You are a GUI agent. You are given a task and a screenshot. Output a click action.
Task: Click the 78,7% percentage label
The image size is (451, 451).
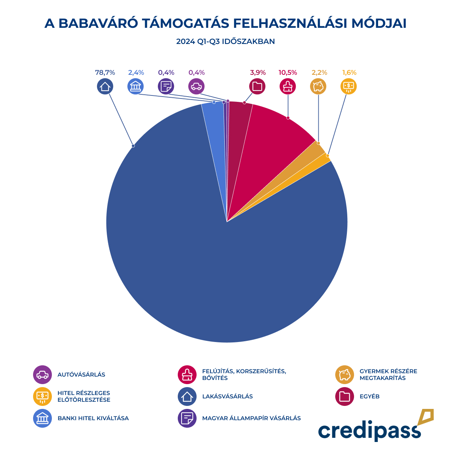point(105,73)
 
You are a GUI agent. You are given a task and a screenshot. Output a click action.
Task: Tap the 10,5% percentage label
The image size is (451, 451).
point(288,73)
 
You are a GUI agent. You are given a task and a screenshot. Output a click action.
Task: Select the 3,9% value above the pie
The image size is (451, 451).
point(258,73)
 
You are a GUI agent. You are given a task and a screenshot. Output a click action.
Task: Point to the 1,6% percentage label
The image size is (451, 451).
point(349,73)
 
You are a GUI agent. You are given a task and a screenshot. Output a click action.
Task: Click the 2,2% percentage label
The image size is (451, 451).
point(319,73)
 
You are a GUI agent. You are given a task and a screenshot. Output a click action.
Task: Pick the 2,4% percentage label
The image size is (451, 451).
point(136,73)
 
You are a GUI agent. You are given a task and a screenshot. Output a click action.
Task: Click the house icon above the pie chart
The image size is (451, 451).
point(105,87)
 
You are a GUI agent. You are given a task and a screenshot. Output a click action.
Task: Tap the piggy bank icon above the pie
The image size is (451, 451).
point(318,87)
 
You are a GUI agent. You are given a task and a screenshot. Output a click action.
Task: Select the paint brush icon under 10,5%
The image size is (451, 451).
point(288,87)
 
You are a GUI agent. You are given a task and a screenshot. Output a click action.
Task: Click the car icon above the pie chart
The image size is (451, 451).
point(197,87)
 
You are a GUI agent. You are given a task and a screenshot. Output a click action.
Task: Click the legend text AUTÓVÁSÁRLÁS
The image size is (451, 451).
point(81,375)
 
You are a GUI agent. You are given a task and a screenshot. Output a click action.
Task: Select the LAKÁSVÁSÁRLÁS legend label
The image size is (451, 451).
point(227,397)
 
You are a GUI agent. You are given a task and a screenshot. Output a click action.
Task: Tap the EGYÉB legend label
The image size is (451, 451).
point(369,397)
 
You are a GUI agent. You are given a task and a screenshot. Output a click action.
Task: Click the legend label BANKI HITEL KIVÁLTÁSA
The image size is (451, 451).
point(93,418)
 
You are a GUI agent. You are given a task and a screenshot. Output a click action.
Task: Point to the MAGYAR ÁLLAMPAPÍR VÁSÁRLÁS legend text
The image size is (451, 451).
point(251,418)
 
